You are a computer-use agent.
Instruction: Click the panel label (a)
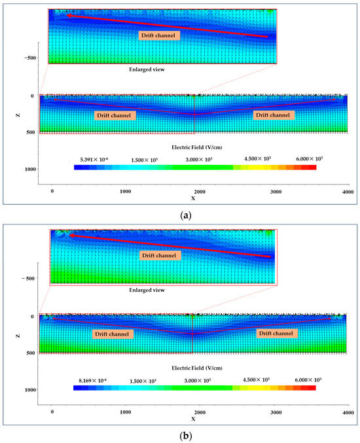click(x=180, y=214)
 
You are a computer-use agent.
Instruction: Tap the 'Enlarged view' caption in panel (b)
click(x=148, y=289)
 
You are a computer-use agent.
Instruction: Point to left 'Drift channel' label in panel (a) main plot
click(x=114, y=115)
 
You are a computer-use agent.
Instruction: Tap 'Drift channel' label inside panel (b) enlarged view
click(x=157, y=255)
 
